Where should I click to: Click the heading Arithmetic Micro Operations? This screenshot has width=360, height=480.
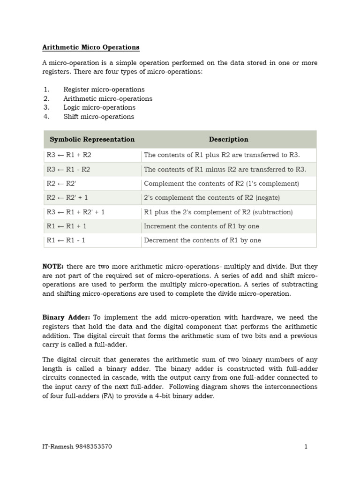coord(91,47)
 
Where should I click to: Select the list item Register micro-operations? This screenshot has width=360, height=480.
coord(104,89)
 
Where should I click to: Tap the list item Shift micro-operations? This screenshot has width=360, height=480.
coord(98,116)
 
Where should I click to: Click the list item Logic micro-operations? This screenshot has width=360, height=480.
coord(99,107)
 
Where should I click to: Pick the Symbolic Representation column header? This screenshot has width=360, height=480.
coord(92,139)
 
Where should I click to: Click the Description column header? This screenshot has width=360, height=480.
coord(228,139)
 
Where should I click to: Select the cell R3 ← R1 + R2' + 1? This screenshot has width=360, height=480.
coord(75,212)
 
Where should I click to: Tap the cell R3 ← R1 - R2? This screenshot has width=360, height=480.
coord(68,169)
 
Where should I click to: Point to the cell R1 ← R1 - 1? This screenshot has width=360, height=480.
coord(66,240)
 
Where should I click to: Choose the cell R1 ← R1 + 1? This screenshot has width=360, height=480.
coord(67,226)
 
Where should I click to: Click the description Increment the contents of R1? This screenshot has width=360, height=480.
coord(202,226)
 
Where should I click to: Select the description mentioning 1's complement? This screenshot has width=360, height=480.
coord(221,183)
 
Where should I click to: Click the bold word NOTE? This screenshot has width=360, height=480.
coord(53,266)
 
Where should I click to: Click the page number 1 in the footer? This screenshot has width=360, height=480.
coord(306,446)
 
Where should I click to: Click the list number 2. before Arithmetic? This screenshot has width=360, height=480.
coord(46,98)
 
